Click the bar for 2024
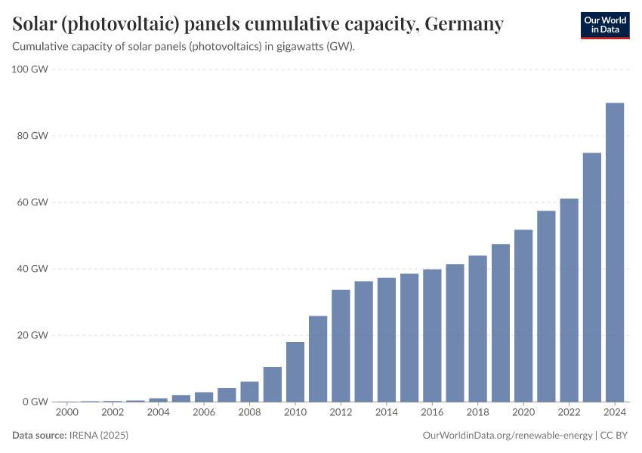(615, 252)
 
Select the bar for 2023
(592, 277)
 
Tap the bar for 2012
(341, 346)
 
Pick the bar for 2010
(295, 371)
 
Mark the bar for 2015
(409, 337)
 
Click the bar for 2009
(273, 384)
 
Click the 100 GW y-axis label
(30, 69)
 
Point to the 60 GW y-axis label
(33, 202)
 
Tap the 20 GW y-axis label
(33, 335)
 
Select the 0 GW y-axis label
(35, 402)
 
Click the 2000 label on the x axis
(67, 413)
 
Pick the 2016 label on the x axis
(432, 413)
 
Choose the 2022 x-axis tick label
(569, 413)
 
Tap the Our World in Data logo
(605, 25)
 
